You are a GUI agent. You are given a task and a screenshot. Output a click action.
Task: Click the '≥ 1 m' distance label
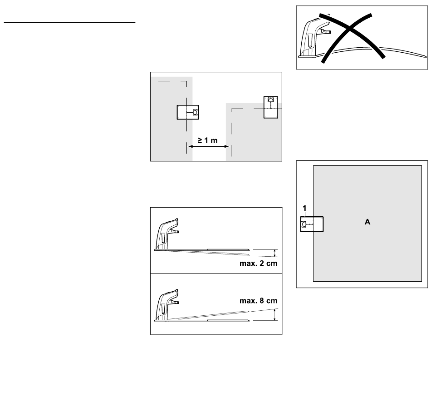tap(207, 140)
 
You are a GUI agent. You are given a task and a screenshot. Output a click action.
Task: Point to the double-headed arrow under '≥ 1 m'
tap(208, 146)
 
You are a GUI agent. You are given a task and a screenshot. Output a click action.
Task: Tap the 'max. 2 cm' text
tap(259, 264)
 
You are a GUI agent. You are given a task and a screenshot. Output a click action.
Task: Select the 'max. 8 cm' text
tap(259, 301)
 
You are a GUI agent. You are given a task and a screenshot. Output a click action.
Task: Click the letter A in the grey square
tap(367, 222)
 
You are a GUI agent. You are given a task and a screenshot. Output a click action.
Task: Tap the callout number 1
tap(304, 208)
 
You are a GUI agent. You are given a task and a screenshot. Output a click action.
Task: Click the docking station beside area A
tap(312, 224)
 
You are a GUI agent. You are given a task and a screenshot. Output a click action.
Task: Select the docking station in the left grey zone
tap(188, 112)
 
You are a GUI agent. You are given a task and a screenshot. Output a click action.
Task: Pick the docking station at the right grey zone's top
tap(271, 107)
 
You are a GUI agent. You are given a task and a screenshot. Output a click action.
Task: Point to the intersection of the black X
tap(349, 28)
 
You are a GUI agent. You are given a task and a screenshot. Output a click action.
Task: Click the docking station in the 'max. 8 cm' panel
tap(167, 305)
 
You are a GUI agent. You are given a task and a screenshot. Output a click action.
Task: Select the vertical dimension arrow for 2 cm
tap(274, 253)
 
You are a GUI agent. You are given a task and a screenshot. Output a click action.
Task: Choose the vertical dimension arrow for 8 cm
tap(274, 314)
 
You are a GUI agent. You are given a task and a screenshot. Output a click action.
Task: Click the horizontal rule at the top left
tap(69, 22)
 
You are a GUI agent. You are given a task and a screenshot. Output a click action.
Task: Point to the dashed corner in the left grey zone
tap(186, 81)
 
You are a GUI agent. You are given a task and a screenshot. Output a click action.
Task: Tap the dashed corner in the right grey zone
tap(231, 109)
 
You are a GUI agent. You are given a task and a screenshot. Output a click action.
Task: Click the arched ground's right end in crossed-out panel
tap(426, 57)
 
